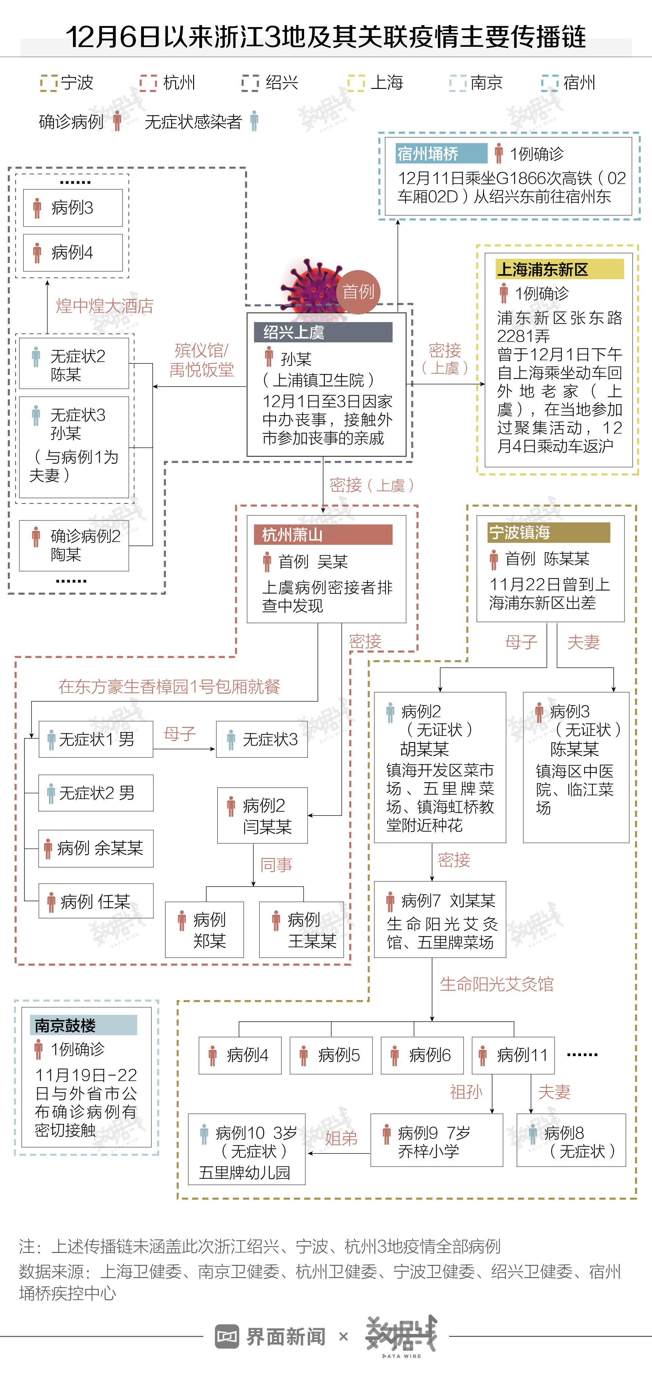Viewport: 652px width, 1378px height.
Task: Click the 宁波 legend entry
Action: tap(67, 83)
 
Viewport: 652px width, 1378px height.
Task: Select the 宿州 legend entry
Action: tap(569, 83)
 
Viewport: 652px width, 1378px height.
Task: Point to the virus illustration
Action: tap(313, 286)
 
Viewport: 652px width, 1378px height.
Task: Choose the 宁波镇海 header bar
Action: tap(548, 532)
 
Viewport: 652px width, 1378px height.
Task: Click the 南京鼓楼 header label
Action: tap(83, 1025)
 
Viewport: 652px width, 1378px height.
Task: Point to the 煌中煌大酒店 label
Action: tap(105, 306)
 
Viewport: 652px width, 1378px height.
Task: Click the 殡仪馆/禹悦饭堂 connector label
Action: tap(202, 360)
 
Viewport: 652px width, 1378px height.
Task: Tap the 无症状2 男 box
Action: tap(96, 793)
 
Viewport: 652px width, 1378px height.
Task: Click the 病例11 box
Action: tap(513, 1055)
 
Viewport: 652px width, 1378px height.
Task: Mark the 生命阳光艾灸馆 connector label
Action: tap(497, 984)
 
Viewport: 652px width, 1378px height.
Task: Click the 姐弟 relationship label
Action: tap(341, 1138)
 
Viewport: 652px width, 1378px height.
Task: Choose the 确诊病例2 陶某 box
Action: tap(74, 545)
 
